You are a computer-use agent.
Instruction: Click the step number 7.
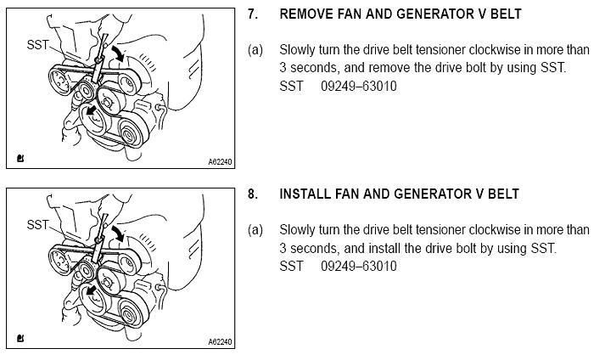(x=251, y=14)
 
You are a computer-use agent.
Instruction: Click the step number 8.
(x=251, y=194)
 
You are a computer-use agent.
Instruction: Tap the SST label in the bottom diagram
(x=37, y=225)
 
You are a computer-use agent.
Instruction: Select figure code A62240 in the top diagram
(x=219, y=161)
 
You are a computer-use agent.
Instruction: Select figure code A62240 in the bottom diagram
(x=219, y=342)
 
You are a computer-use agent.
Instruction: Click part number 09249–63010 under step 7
(x=359, y=87)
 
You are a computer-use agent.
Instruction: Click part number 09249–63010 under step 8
(x=359, y=267)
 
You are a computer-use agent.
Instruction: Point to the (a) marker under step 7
(x=255, y=50)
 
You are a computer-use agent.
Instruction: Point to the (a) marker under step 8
(x=255, y=230)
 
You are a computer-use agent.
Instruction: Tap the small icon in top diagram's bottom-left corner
(x=19, y=159)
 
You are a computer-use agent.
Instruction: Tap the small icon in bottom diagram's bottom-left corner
(x=19, y=340)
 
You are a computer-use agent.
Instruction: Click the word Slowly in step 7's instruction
(x=298, y=50)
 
